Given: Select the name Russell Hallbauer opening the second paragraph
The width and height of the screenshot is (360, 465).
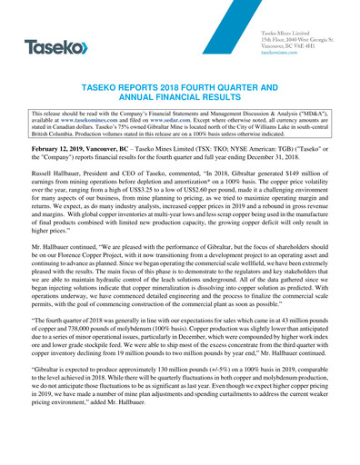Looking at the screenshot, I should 50,193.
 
